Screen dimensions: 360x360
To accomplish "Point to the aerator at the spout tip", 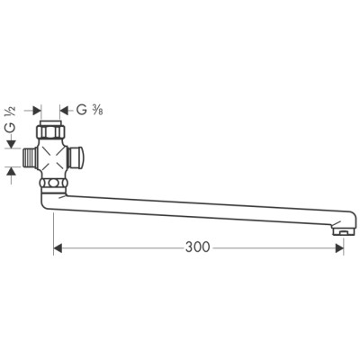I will click(339, 231).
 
